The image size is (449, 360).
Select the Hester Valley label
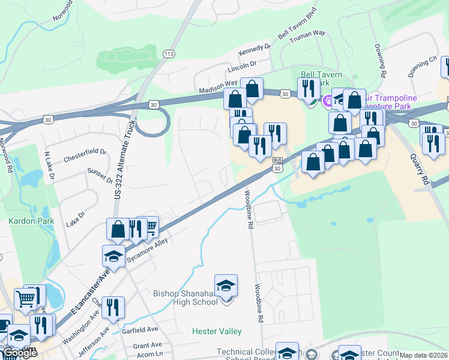click(217, 331)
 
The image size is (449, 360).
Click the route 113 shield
click(169, 54)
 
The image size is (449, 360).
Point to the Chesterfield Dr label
click(85, 154)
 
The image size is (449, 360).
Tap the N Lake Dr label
click(50, 166)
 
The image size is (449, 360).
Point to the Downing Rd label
click(381, 58)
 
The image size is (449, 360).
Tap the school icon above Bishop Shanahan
click(226, 286)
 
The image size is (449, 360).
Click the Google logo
click(20, 353)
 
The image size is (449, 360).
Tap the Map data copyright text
click(423, 355)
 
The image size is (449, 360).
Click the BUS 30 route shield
click(277, 164)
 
